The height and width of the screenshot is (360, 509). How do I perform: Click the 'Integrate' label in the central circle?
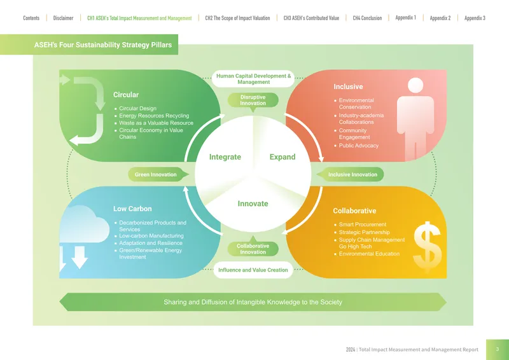click(x=225, y=157)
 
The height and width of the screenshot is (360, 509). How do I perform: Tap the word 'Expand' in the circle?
click(x=282, y=157)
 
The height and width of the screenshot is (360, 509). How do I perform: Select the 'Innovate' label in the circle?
click(x=253, y=204)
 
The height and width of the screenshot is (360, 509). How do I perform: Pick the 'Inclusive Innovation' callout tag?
click(x=351, y=174)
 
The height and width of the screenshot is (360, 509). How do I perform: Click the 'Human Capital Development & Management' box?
click(x=253, y=79)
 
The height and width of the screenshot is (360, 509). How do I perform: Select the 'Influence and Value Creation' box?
click(x=253, y=270)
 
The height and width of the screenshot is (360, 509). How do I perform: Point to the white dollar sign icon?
click(x=427, y=247)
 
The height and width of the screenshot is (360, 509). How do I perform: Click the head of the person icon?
click(x=415, y=85)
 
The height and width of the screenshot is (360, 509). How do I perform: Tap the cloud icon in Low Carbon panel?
click(x=84, y=225)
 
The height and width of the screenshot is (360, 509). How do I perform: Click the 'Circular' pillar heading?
click(x=125, y=95)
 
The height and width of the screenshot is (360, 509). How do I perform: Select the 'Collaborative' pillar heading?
click(x=354, y=211)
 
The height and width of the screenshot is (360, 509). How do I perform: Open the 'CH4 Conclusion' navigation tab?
click(x=367, y=18)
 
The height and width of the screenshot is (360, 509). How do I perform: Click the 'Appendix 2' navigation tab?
click(x=440, y=18)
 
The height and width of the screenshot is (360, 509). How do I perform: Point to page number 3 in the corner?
click(x=498, y=349)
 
